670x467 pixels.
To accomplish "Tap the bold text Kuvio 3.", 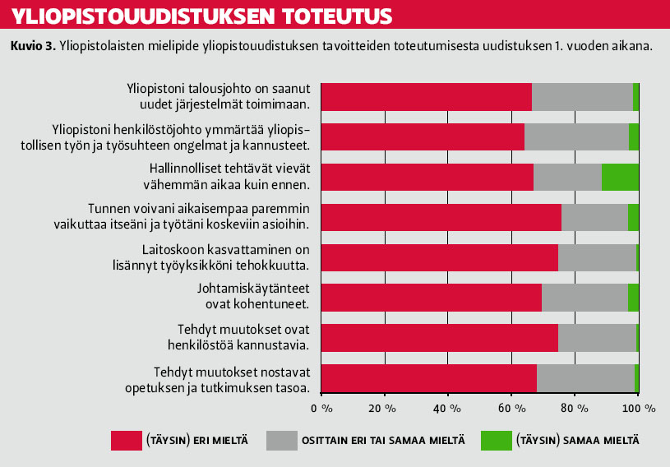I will [32, 46].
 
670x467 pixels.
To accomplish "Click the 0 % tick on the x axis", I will [321, 408].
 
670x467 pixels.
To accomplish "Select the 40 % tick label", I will [448, 408].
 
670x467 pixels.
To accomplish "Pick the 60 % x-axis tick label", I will [511, 408].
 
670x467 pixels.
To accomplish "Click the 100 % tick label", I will [638, 408].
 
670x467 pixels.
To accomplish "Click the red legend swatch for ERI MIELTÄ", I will [125, 440].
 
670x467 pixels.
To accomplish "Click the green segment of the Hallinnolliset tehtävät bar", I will [620, 178].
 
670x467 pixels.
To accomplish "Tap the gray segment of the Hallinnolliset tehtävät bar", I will [567, 178].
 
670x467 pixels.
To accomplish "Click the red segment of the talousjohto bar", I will [426, 97].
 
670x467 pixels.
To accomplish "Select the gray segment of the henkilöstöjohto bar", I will [576, 137].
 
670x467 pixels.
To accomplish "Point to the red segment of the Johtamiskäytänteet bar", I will [431, 297].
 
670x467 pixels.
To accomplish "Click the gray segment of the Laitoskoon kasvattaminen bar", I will [597, 257].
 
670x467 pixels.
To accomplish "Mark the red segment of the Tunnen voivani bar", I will [441, 217].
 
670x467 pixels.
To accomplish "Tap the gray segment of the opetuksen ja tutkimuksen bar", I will [585, 378].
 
